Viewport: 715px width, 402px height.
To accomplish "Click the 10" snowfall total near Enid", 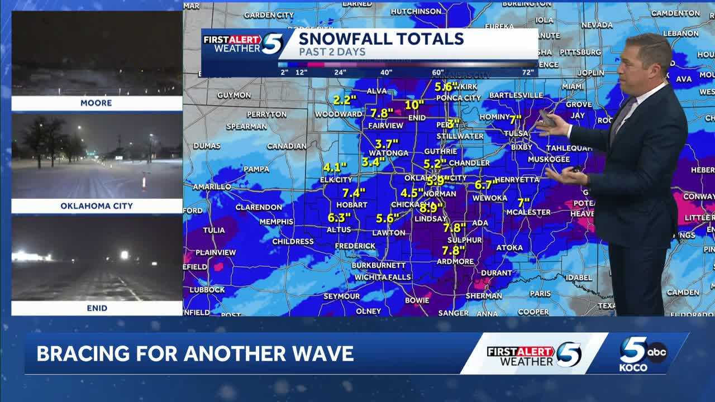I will point(414,104).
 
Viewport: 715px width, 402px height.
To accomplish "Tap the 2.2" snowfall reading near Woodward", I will point(345,100).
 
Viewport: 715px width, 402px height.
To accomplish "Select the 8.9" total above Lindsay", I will point(431,208).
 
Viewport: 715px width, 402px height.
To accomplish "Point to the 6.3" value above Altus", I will point(339,218).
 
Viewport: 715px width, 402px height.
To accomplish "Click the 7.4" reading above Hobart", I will point(354,193).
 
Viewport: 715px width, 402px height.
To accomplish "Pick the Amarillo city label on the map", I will point(212,186).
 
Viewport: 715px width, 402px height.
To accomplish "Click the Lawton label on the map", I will point(389,233).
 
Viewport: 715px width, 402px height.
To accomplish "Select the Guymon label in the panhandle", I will point(233,95).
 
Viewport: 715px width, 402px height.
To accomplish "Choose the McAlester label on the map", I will point(528,212).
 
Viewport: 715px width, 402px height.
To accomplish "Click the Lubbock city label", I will point(207,290).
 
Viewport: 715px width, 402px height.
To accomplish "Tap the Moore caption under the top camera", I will point(96,103).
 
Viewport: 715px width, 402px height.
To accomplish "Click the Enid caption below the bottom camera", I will point(97,308).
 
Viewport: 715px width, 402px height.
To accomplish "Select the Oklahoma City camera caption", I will point(97,206).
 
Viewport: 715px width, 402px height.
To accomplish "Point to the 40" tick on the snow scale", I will point(386,72).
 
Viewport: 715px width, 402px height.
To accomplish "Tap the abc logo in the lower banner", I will point(657,352).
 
